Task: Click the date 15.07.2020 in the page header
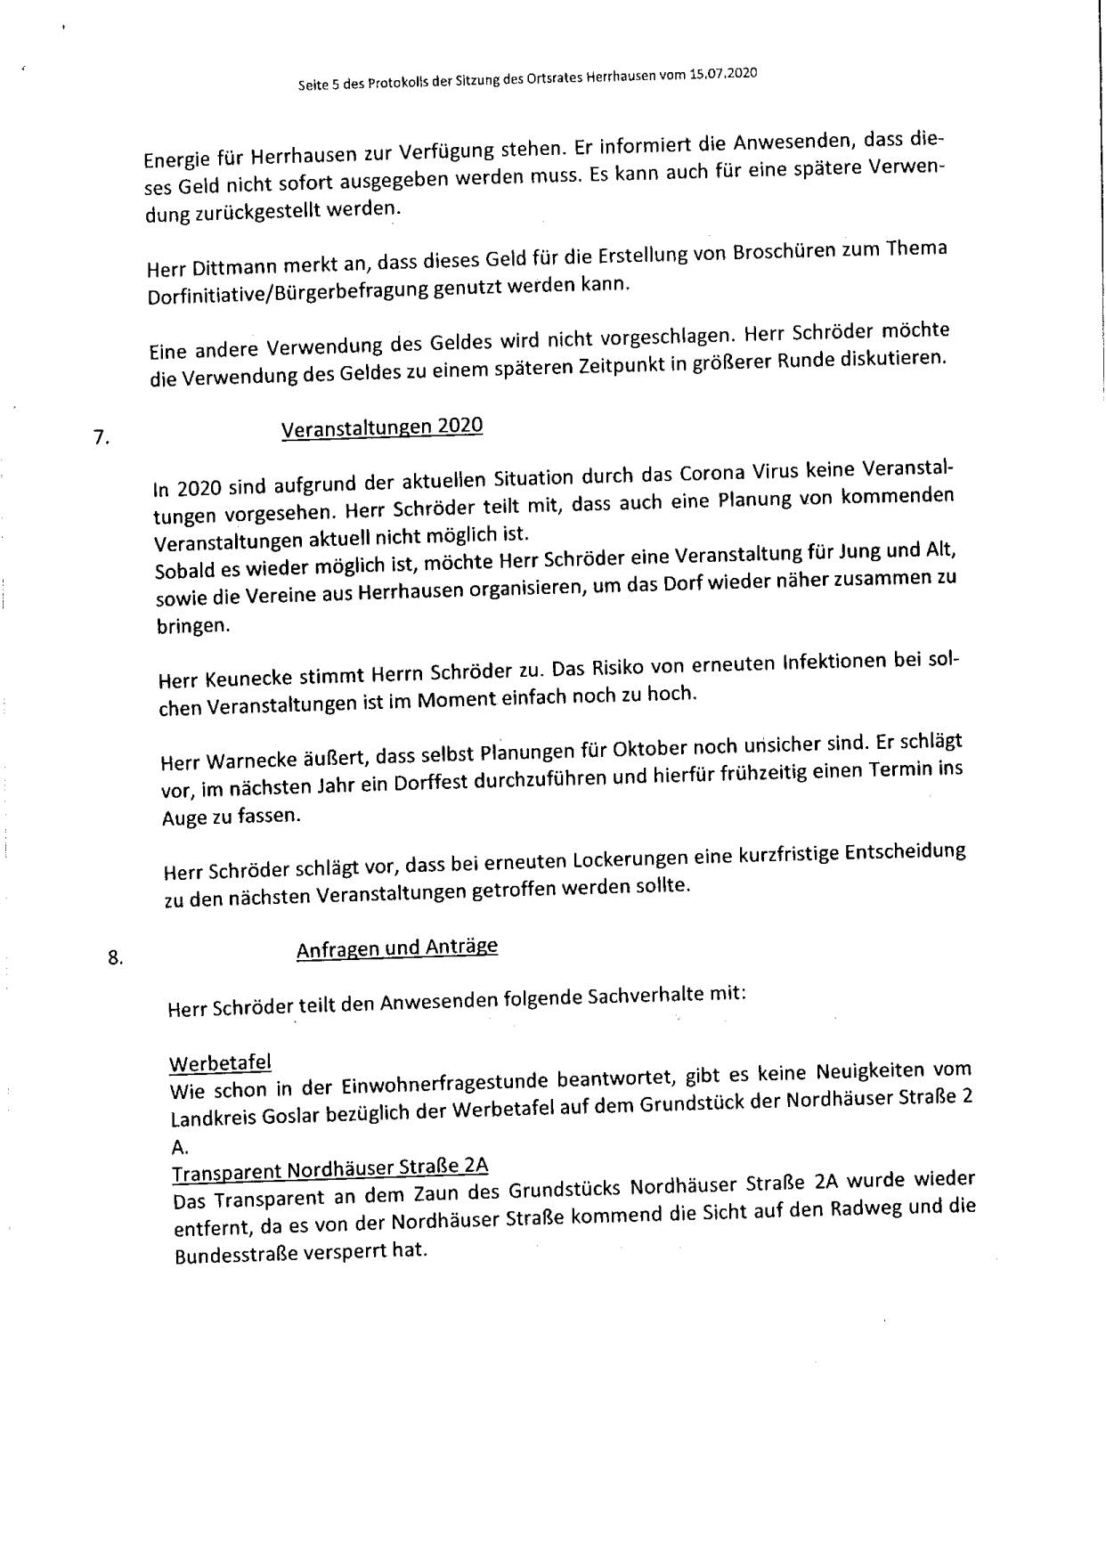click(722, 75)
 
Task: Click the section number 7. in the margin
click(100, 437)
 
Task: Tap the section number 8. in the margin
click(114, 958)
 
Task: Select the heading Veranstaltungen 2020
click(382, 427)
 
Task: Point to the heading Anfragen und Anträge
click(397, 948)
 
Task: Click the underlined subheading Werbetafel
click(220, 1063)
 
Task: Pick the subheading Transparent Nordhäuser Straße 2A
click(330, 1168)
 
